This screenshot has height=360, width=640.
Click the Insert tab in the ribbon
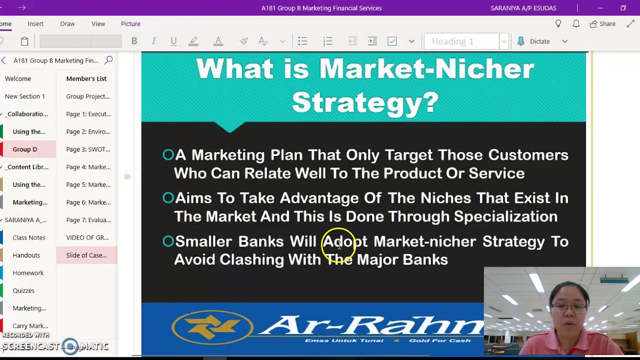click(35, 23)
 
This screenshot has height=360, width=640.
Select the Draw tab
click(67, 23)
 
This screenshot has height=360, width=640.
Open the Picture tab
click(130, 23)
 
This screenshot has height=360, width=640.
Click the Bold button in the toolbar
click(134, 41)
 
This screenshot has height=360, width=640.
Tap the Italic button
click(154, 41)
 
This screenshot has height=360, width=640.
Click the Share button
click(602, 23)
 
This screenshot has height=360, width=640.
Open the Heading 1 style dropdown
click(504, 41)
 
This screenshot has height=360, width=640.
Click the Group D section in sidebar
click(25, 149)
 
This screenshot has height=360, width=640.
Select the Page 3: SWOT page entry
click(88, 149)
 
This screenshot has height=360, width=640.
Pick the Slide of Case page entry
click(86, 255)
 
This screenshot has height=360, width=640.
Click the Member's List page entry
click(86, 78)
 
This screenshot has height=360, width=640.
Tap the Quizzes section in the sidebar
click(23, 290)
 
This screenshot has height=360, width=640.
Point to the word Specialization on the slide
click(505, 216)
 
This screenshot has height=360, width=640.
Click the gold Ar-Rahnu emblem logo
click(212, 327)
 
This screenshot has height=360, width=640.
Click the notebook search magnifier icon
click(108, 60)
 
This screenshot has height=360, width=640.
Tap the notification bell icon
click(576, 23)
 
